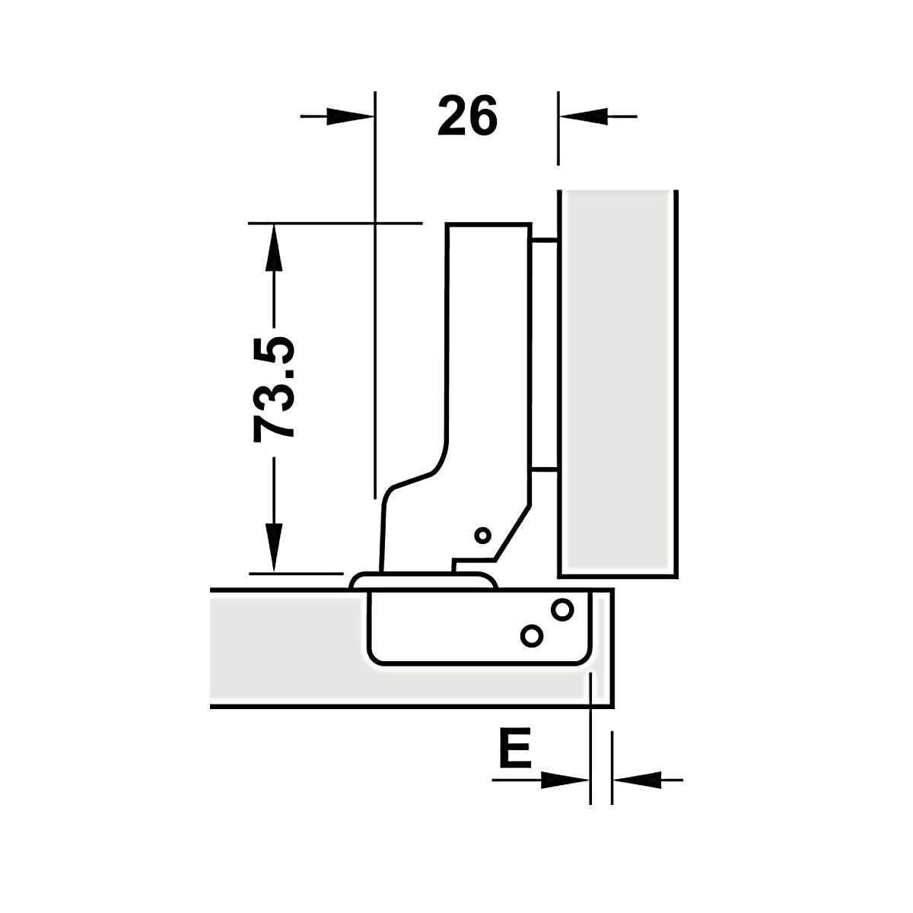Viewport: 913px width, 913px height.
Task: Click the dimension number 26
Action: coord(467,116)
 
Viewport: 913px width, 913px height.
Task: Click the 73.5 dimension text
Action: coord(274,390)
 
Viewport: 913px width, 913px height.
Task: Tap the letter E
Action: coord(515,748)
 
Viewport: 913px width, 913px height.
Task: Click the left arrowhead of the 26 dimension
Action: coord(351,116)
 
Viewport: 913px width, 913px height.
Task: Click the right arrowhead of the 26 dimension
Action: coord(584,116)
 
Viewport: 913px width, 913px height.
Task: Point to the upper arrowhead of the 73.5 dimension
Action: coord(274,247)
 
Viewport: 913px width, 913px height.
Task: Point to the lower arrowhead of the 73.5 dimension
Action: coord(274,547)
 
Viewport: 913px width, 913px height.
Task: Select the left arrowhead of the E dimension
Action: coord(565,780)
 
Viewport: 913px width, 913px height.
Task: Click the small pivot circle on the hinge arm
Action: coord(483,536)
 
